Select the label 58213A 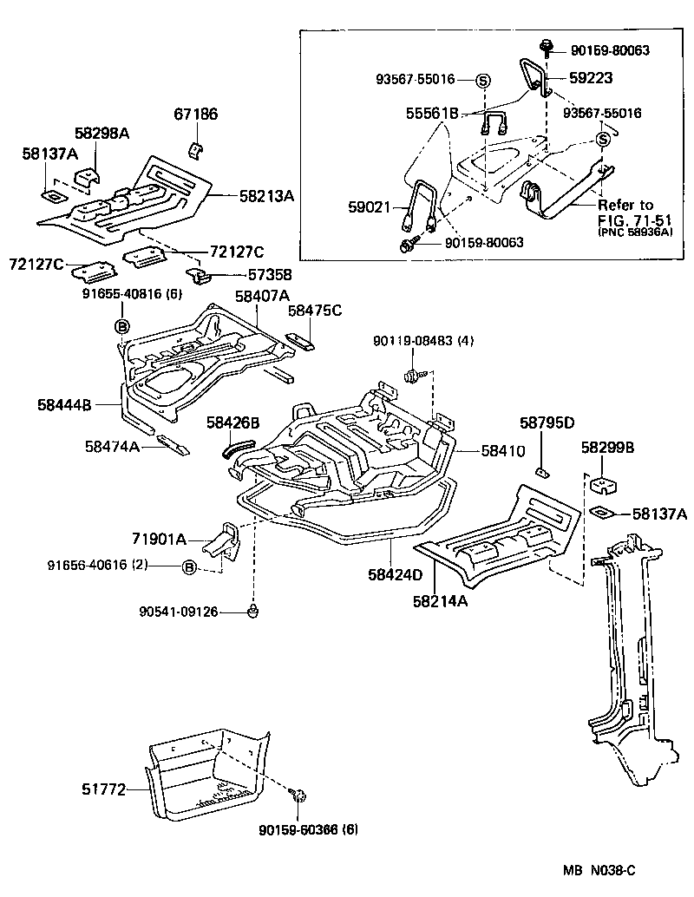pos(267,196)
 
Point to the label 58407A pos(262,297)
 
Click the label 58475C pos(315,310)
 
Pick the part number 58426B pos(232,423)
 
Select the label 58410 pos(503,451)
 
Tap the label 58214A pos(440,599)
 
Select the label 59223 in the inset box pos(591,77)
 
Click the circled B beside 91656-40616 pos(188,567)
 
